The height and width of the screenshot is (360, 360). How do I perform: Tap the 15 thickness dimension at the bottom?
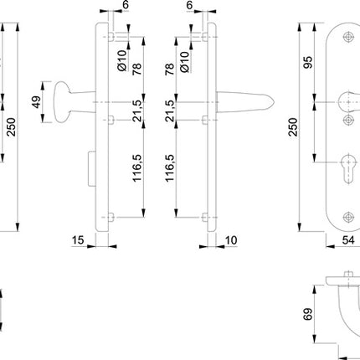[79, 241]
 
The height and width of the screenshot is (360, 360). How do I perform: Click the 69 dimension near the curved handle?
[309, 316]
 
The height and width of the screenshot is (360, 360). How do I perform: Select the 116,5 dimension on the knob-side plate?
[136, 171]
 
